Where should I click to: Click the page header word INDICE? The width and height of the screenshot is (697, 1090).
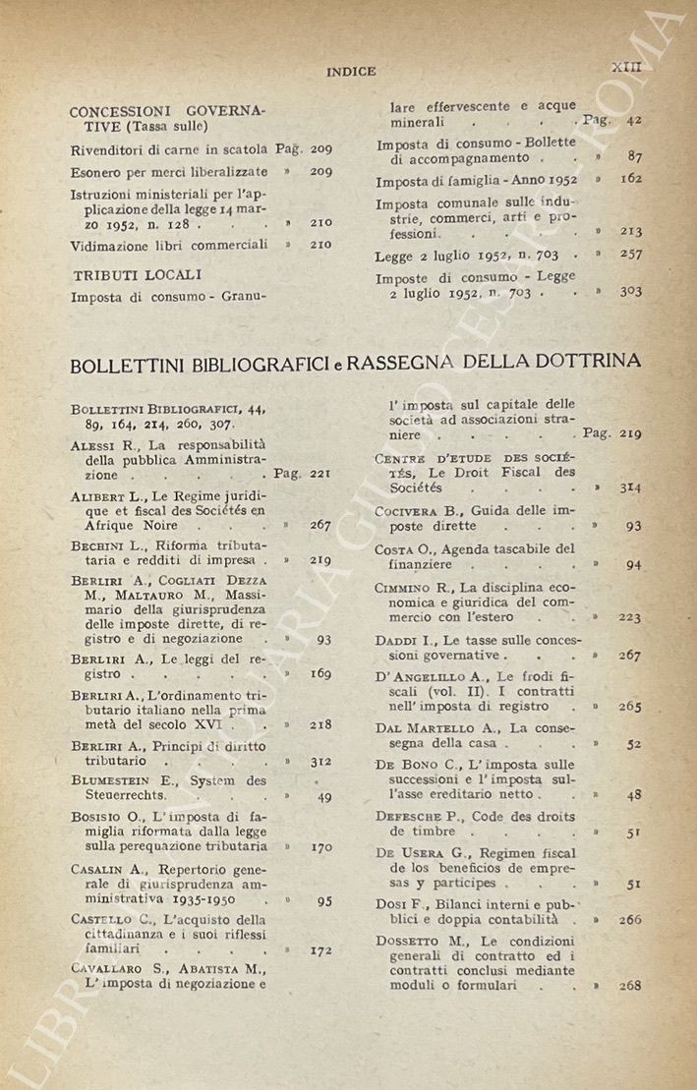pos(351,71)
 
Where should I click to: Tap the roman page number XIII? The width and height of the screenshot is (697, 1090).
pos(626,67)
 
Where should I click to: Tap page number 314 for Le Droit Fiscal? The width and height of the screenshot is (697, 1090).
pos(630,487)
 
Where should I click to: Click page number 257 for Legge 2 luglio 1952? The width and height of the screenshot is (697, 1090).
pos(630,255)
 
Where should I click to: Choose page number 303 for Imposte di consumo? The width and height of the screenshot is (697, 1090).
pos(630,292)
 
